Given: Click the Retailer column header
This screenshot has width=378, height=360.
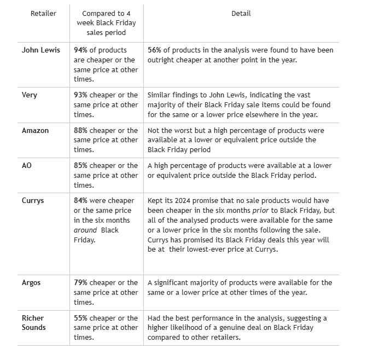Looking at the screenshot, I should [x=43, y=13].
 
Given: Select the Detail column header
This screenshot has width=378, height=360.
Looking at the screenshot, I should [x=241, y=13].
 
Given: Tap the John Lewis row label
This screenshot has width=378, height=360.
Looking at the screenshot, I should [x=41, y=50].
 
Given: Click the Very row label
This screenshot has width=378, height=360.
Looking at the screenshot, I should [x=30, y=95].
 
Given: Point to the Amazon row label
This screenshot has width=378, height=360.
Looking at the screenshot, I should [x=36, y=131].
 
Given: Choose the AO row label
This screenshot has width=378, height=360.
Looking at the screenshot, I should [x=27, y=166].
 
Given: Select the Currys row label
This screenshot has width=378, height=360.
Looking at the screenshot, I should [x=33, y=201].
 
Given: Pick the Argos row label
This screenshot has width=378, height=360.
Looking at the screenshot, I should [x=31, y=283].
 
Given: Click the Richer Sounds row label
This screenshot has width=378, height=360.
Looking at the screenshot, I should [x=34, y=323].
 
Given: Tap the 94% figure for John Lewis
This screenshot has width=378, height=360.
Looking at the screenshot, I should [x=81, y=50].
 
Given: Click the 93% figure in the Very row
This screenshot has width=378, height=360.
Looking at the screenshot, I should [x=81, y=95].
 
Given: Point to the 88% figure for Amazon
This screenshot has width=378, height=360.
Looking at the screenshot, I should [x=81, y=131].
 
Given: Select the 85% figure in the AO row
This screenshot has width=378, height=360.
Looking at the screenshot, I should [x=81, y=166].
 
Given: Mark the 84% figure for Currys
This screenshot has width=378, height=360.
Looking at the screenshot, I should [x=81, y=201].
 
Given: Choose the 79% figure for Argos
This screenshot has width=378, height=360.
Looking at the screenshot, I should [x=81, y=283].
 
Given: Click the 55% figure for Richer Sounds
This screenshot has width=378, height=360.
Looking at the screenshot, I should [x=81, y=318].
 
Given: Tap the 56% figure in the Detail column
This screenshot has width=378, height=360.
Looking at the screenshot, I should [x=155, y=50].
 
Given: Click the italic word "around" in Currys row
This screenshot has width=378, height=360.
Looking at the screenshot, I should [x=85, y=230].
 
